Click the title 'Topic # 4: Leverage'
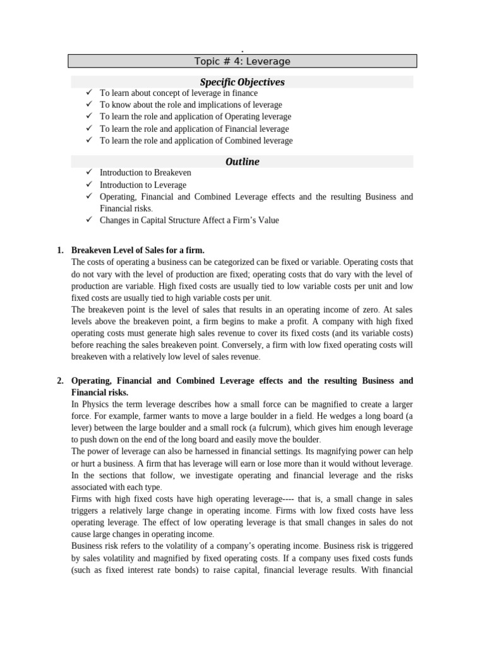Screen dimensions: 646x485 pos(242,61)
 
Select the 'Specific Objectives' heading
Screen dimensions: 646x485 pos(242,82)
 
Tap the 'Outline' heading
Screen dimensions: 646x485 pos(242,161)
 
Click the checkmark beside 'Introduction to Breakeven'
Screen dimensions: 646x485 pos(89,172)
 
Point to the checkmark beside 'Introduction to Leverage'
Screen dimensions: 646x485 pos(89,184)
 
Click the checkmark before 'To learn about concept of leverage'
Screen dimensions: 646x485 pos(89,93)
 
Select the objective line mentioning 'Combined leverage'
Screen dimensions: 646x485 pos(196,141)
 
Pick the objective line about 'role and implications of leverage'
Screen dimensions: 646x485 pos(191,105)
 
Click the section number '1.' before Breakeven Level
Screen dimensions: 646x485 pos(60,250)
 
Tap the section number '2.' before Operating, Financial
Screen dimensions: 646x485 pos(60,381)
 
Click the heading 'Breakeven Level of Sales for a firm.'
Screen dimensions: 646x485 pos(138,250)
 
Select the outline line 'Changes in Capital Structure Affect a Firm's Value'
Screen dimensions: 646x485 pos(189,220)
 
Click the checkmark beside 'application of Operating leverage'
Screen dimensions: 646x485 pos(89,117)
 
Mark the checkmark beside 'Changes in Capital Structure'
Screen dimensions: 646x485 pos(89,220)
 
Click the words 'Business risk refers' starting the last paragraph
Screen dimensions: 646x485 pos(107,546)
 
